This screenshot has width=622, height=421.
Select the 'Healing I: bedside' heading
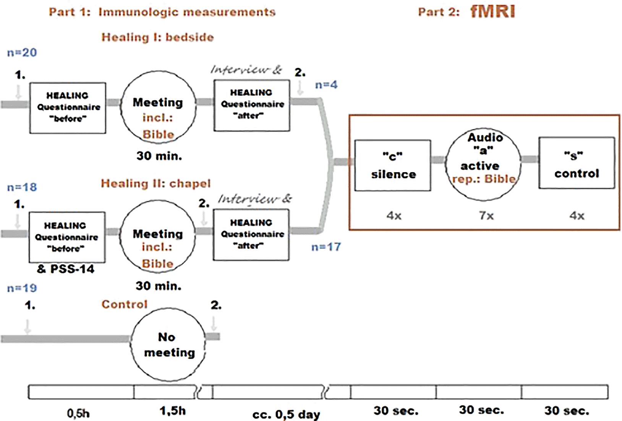coord(157,37)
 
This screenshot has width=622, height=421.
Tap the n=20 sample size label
coord(22,52)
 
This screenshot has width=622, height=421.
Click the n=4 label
coord(326,85)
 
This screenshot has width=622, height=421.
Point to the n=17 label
coord(326,247)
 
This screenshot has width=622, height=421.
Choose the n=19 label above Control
coord(22,288)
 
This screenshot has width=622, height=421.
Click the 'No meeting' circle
coord(168,344)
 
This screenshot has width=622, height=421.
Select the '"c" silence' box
coord(393,165)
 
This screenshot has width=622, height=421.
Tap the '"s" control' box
coord(577,163)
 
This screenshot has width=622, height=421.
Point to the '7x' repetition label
coord(486,216)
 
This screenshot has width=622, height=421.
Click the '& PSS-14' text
coord(66,269)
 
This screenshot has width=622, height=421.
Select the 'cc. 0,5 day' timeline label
coord(286,414)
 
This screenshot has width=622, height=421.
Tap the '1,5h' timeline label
coord(172,411)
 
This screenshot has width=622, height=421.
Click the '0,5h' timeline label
coord(78,413)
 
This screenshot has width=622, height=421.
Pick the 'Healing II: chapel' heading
coord(155,183)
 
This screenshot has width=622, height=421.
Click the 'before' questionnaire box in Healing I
coord(68,108)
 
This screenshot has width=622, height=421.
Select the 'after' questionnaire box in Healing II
coord(251,235)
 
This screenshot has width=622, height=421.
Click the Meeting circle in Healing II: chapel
coord(157,237)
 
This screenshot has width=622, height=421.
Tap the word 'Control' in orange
coord(124,304)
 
